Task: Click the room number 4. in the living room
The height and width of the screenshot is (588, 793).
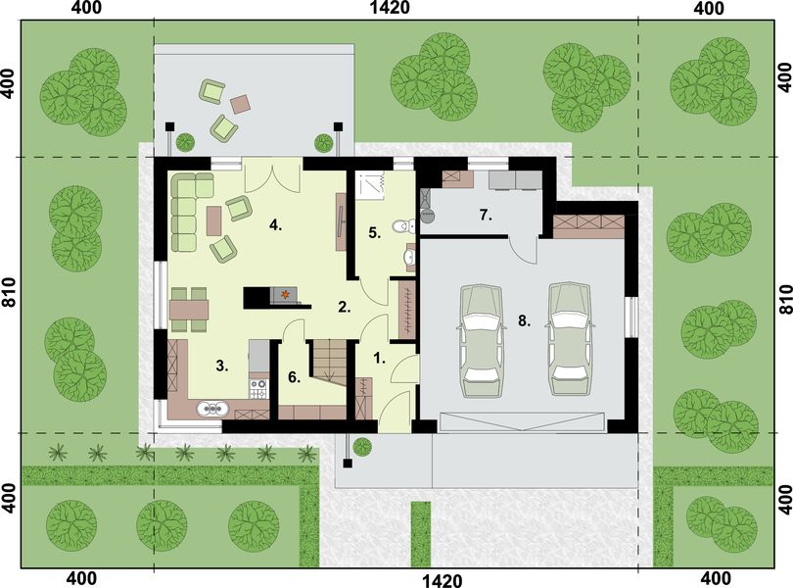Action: [x=277, y=224]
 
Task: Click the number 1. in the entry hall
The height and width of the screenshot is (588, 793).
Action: [x=380, y=359]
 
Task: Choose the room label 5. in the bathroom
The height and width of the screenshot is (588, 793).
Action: [x=374, y=233]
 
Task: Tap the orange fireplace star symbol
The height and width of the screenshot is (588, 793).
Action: [x=285, y=293]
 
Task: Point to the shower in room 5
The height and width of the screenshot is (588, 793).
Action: [x=370, y=185]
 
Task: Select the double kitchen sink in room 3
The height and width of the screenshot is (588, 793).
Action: [x=210, y=410]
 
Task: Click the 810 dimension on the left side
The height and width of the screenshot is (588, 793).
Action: [x=10, y=295]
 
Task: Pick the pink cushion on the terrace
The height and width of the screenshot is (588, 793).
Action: [x=241, y=102]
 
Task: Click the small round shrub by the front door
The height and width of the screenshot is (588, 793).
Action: [x=362, y=447]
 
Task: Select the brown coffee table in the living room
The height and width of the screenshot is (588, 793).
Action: [x=213, y=220]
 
